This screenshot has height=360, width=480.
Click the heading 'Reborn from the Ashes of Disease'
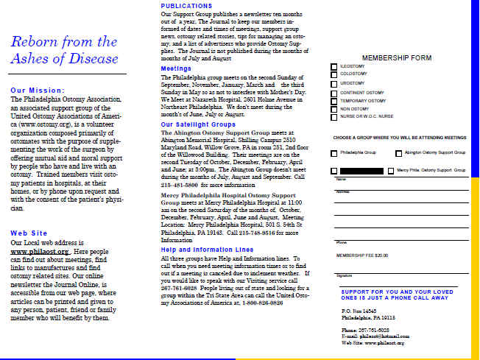click(64, 50)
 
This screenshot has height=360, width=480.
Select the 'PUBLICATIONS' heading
click(187, 6)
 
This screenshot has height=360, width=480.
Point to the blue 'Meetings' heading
click(176, 68)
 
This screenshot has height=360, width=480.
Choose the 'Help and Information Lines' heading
click(202, 250)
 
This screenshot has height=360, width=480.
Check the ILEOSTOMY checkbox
click(334, 67)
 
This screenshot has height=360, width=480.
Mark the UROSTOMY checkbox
click(334, 84)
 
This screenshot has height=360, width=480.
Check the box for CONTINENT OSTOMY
click(334, 93)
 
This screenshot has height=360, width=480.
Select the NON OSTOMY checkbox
click(334, 109)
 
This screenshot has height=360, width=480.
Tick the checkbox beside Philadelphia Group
click(334, 152)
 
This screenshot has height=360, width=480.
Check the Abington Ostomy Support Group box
click(399, 152)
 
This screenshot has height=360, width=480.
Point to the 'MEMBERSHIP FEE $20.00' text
click(362, 255)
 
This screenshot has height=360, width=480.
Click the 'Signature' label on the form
click(345, 275)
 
